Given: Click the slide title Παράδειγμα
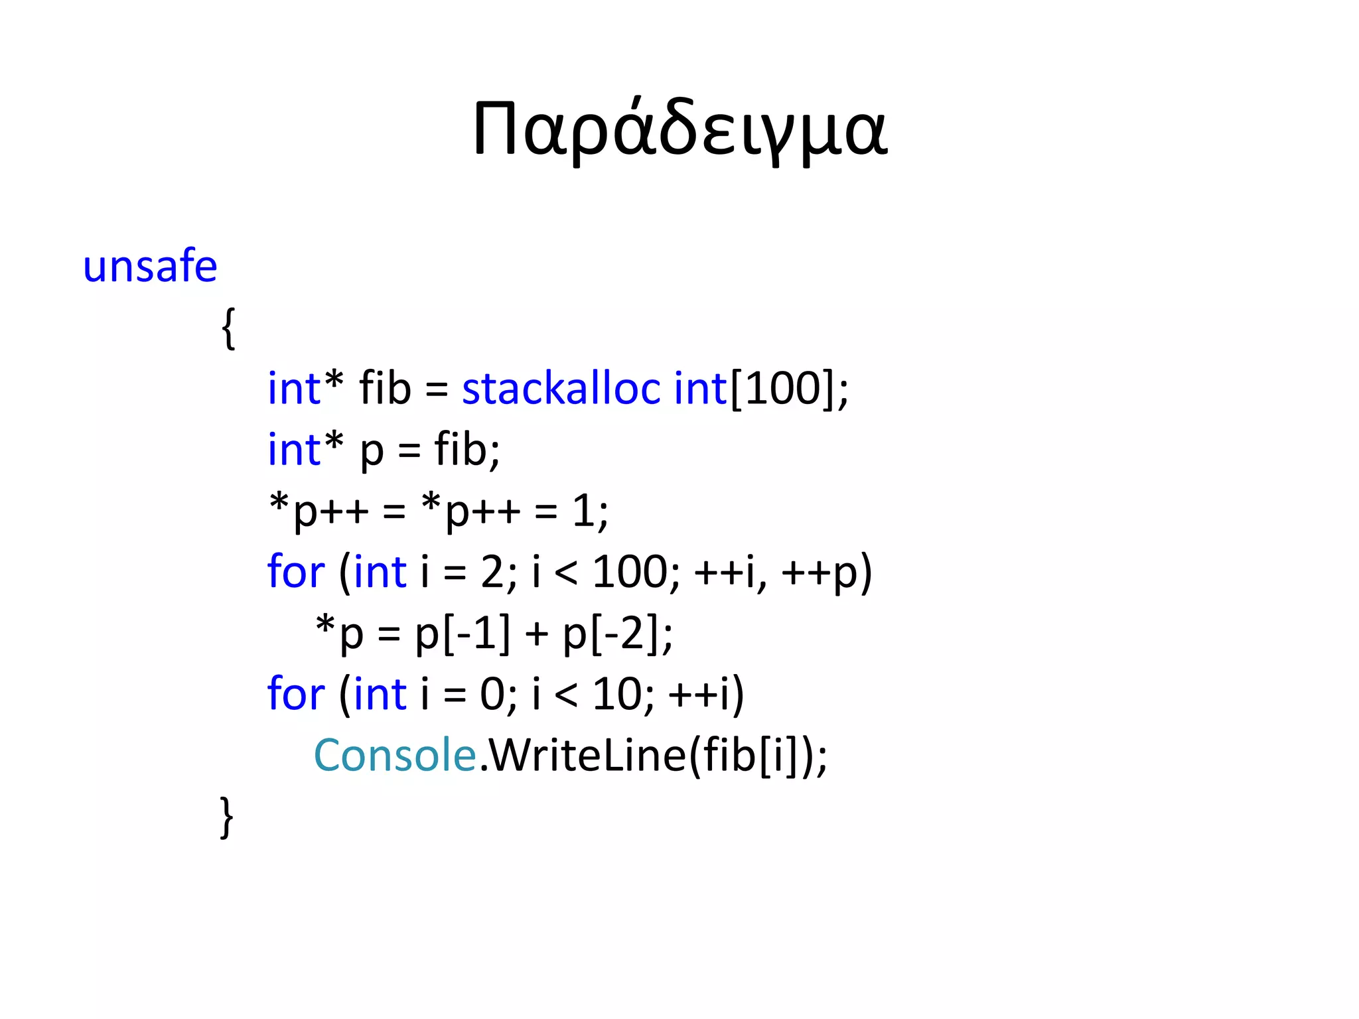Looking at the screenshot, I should click(x=679, y=129).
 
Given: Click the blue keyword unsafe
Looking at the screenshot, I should click(x=150, y=267).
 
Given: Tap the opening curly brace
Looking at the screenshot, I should click(x=228, y=328).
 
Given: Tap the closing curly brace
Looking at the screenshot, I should click(x=227, y=817).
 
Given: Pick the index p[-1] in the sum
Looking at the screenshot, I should click(x=463, y=634).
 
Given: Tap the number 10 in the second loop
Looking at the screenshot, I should click(x=615, y=695).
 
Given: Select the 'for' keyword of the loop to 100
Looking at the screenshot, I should click(x=296, y=572).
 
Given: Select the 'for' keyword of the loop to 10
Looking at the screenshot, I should click(x=296, y=695).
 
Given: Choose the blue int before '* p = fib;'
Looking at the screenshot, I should click(x=294, y=450).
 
